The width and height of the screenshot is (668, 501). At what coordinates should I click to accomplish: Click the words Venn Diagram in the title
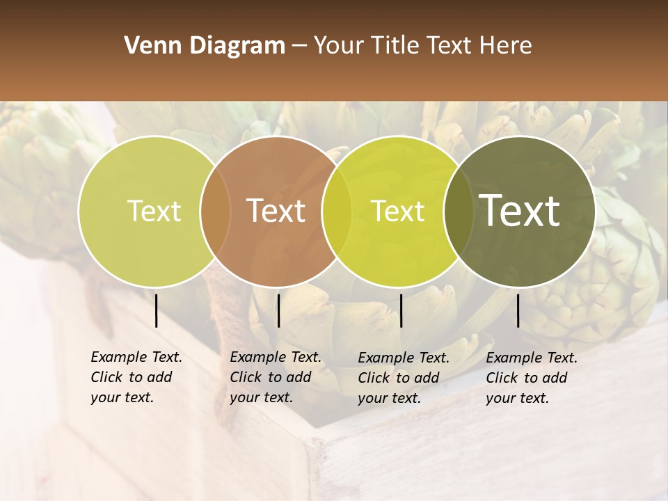[x=205, y=46]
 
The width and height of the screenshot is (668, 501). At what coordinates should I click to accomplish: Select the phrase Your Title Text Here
[x=422, y=46]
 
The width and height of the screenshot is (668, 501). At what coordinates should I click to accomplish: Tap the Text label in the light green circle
[x=154, y=212]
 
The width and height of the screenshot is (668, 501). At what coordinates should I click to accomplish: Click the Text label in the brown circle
[x=276, y=211]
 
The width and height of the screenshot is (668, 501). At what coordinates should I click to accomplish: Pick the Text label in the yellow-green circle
[x=398, y=212]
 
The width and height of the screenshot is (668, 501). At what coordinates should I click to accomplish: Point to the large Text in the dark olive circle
[x=519, y=210]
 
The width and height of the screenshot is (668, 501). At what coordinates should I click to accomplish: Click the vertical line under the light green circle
[x=156, y=310]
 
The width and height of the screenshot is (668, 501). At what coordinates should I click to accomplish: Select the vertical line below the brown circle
[x=278, y=310]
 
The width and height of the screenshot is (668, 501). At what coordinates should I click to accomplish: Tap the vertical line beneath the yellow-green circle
[x=401, y=310]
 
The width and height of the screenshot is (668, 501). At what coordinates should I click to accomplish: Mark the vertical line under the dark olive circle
[x=518, y=310]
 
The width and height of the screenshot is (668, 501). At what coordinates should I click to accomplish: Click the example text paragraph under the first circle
[x=136, y=377]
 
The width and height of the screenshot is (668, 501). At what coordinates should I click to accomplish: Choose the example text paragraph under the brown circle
[x=275, y=377]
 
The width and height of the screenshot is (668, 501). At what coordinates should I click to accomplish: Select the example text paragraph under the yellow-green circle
[x=403, y=378]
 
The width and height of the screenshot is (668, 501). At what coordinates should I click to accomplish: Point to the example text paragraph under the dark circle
[x=531, y=378]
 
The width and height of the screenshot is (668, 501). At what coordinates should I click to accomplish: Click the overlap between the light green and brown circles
[x=215, y=212]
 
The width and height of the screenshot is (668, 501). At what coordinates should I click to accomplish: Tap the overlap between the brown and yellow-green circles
[x=336, y=212]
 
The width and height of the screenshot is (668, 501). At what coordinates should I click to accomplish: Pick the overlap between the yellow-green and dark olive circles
[x=459, y=212]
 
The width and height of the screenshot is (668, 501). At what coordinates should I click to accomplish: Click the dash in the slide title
[x=299, y=47]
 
